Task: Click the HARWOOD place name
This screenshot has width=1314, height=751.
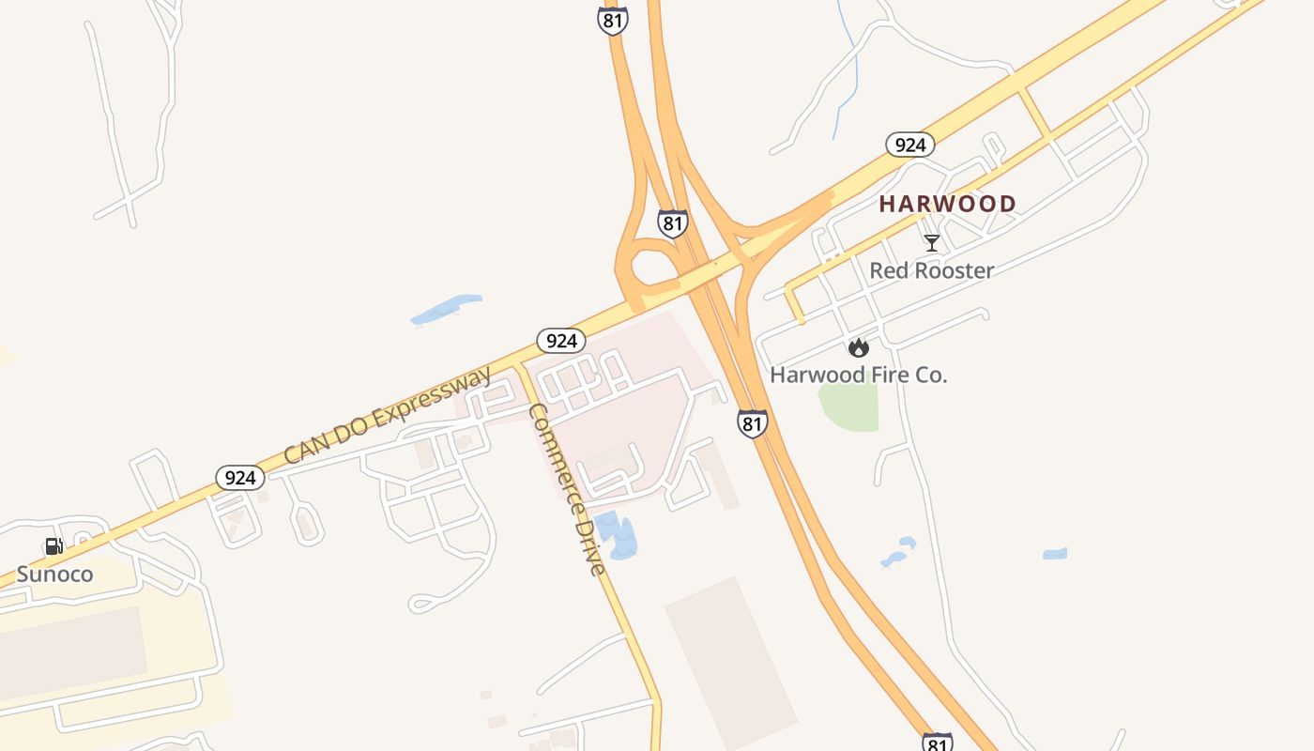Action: click(947, 204)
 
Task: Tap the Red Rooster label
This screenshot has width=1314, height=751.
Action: click(931, 271)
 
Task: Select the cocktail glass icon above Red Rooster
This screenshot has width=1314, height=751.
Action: click(931, 243)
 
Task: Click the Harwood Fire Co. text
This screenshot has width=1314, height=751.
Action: click(858, 375)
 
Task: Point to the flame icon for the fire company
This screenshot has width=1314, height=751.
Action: click(858, 348)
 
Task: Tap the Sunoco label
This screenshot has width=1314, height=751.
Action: click(54, 574)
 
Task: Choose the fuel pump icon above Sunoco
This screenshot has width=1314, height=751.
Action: click(54, 546)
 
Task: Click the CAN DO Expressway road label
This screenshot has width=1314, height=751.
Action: click(388, 416)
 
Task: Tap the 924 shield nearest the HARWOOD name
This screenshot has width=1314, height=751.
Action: click(909, 145)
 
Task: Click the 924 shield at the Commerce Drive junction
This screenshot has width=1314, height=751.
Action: click(561, 340)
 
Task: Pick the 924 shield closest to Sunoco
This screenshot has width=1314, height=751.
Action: click(240, 478)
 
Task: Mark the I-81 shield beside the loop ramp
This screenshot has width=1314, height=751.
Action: click(672, 223)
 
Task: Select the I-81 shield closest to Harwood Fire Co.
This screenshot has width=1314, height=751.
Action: click(752, 423)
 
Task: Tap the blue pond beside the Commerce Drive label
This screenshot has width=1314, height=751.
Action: click(617, 536)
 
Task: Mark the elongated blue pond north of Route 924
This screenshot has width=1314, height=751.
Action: click(446, 310)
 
